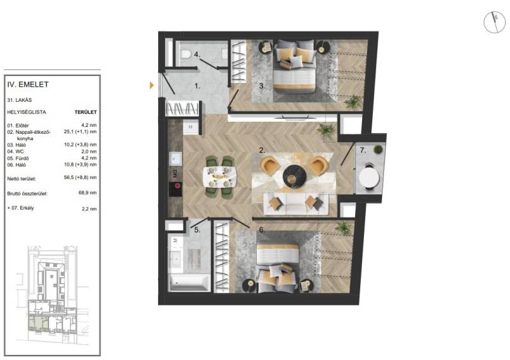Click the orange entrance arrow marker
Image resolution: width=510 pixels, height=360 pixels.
point(152,85)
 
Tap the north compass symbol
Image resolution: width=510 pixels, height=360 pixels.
point(495,22)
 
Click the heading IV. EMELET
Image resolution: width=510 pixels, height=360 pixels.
point(28,85)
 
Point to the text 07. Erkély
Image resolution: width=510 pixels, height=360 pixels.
point(20,208)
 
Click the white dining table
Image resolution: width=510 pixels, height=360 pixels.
point(219,176)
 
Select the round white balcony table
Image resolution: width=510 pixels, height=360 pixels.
point(369,177)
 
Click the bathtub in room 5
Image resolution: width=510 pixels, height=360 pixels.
point(189,283)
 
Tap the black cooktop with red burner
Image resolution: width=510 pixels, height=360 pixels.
point(176,189)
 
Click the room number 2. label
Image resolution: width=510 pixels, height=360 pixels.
point(262,150)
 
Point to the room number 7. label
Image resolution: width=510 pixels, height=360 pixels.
point(363,150)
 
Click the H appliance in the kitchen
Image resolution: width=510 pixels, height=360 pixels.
point(191,127)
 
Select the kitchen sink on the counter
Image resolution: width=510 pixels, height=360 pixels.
point(175,159)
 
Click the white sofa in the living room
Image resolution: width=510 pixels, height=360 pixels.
point(296,204)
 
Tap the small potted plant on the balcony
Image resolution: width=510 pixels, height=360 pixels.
point(378,149)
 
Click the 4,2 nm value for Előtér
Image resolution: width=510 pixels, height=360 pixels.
point(89,125)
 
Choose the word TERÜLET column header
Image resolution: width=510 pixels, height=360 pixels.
point(85,112)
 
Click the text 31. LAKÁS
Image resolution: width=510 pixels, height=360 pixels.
point(20,100)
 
